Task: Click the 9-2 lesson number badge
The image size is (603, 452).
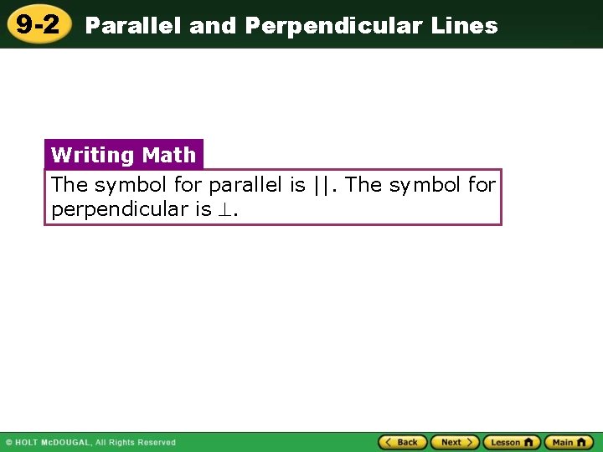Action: [x=39, y=24]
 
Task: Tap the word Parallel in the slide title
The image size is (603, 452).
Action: [x=134, y=26]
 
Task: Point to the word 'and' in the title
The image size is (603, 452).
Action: [x=213, y=26]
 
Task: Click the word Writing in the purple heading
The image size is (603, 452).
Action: [x=92, y=155]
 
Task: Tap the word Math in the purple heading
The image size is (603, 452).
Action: [x=169, y=155]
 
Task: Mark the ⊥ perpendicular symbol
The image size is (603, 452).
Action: [x=224, y=210]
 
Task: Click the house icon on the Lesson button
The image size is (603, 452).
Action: [x=528, y=442]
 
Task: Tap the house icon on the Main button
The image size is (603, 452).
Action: [x=582, y=442]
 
